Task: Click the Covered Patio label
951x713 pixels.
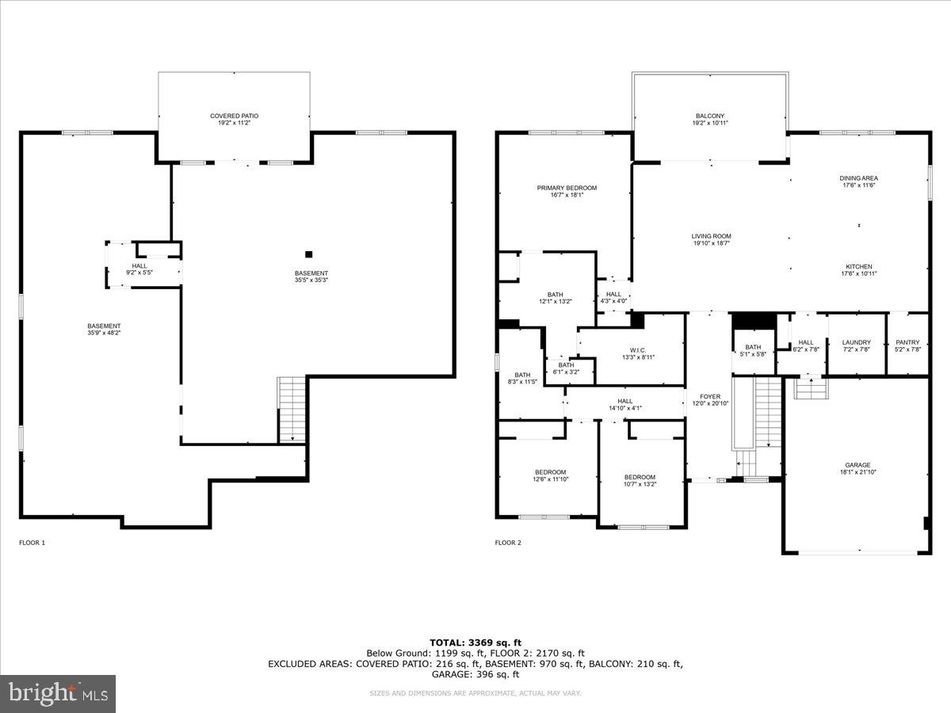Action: tap(234, 120)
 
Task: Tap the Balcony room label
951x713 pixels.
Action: tap(709, 120)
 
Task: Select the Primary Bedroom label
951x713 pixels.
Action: tap(566, 192)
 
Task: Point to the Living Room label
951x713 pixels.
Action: tap(710, 239)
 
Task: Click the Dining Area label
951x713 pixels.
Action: tap(858, 182)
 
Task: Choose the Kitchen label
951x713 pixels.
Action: tap(858, 269)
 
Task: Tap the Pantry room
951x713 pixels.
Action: tap(907, 345)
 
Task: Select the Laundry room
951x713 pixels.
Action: tap(855, 345)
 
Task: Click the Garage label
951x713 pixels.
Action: tap(857, 469)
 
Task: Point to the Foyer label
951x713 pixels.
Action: tap(709, 399)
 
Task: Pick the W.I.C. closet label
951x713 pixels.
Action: tap(638, 353)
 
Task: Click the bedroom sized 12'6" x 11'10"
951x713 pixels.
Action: tap(550, 475)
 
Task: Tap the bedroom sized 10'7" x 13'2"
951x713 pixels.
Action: tap(640, 480)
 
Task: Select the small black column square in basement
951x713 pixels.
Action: tap(309, 254)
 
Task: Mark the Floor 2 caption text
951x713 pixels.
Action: tap(508, 543)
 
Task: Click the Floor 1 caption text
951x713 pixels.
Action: tap(32, 543)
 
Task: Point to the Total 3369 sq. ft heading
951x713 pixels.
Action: tap(475, 642)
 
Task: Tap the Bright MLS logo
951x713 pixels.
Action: tap(58, 694)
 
